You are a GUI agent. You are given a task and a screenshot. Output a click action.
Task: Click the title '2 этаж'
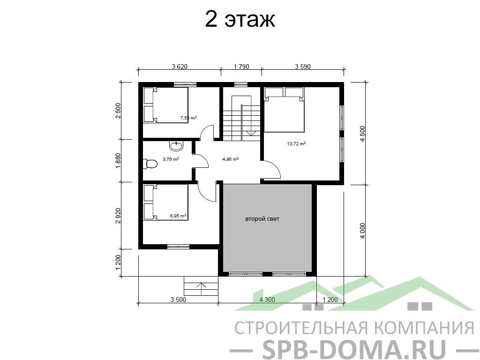pos(240,20)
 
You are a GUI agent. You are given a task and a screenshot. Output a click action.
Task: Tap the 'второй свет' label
pos(262,219)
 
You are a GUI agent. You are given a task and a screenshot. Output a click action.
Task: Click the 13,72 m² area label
pos(296,143)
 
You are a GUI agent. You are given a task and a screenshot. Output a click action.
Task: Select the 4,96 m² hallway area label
pos(230,159)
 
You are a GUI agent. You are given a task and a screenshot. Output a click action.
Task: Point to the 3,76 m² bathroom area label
pos(171,159)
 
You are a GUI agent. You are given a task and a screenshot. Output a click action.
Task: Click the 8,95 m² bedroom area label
pos(178,216)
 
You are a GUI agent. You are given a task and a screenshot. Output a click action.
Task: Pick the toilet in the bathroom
pos(150,163)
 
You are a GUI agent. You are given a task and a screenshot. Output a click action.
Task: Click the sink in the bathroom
pos(176,146)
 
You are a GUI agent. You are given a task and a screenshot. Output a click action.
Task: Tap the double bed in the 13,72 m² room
pos(285,110)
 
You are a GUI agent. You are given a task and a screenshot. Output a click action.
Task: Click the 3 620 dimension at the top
pos(180,67)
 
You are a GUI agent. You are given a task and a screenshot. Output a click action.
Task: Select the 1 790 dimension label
pos(241,67)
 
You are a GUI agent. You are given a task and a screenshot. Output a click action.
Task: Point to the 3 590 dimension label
pos(303,67)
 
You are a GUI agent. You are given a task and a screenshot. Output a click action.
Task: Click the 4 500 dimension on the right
pos(362,134)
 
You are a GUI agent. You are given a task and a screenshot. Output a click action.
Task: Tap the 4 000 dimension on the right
pos(362,231)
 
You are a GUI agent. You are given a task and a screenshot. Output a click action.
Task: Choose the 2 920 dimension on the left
pos(118,216)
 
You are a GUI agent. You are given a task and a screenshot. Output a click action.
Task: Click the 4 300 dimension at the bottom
pos(267,300)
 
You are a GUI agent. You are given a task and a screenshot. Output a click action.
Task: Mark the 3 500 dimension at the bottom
pos(178,300)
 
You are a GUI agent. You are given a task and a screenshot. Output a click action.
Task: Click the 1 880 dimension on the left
pos(118,160)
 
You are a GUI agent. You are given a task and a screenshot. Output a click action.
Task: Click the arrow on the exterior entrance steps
pos(201,289)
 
